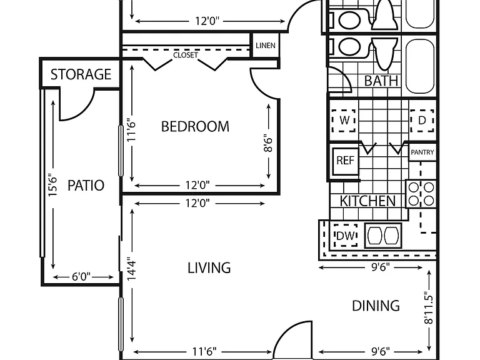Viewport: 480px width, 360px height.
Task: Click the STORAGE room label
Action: [81, 74]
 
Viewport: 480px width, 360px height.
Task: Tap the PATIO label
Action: [86, 186]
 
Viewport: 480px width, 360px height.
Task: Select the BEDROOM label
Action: [195, 126]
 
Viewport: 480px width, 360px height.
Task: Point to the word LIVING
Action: [209, 268]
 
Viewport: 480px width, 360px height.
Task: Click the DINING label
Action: [376, 306]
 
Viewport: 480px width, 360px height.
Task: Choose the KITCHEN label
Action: [367, 201]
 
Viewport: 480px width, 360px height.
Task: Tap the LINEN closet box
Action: [266, 45]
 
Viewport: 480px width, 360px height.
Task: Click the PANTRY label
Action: [422, 152]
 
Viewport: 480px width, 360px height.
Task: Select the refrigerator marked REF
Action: [345, 161]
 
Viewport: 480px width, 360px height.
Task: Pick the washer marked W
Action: [344, 120]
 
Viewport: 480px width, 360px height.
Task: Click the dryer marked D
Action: [422, 120]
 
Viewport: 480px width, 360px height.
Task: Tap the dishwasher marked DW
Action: [346, 236]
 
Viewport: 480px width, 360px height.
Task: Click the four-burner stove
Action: [421, 194]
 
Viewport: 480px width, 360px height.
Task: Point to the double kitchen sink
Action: [383, 236]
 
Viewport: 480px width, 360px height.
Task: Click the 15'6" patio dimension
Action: [52, 185]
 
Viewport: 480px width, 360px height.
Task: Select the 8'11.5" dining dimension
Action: [429, 309]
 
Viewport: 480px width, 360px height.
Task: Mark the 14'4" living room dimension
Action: [132, 269]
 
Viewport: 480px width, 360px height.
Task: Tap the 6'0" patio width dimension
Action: [81, 277]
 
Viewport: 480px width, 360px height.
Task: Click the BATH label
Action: [381, 81]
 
